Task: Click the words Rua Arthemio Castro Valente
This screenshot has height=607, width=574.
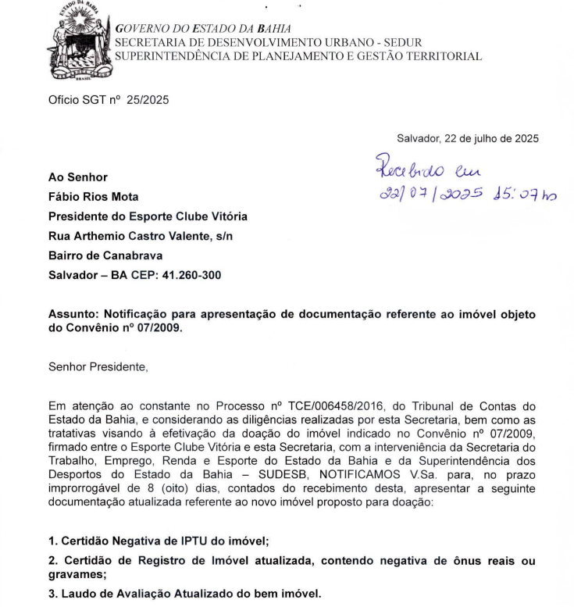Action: (123, 236)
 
